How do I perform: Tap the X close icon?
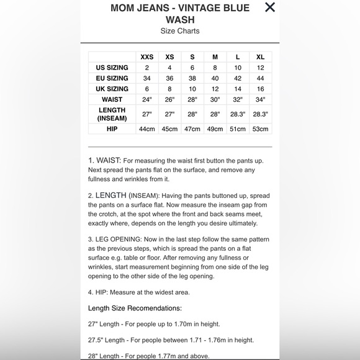point(269,7)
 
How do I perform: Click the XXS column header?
point(147,57)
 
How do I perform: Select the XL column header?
point(260,57)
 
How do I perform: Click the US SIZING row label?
point(112,68)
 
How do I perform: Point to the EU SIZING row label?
point(112,78)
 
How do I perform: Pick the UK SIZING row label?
point(112,89)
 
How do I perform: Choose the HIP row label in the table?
point(112,129)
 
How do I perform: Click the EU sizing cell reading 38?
point(192,78)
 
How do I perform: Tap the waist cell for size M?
point(215,99)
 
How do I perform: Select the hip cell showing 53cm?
point(260,129)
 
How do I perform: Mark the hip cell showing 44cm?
point(147,129)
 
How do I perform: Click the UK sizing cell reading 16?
point(260,89)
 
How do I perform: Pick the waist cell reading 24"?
point(147,99)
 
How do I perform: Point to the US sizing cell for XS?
point(169,68)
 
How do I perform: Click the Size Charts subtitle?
point(180,31)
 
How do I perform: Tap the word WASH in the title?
point(180,19)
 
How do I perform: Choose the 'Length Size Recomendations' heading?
point(135,308)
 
